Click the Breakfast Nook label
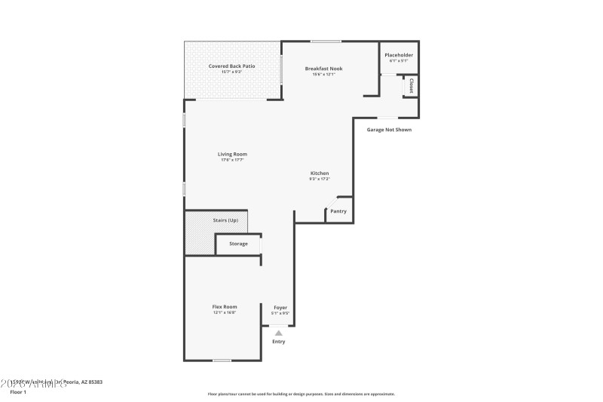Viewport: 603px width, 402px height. tap(323, 69)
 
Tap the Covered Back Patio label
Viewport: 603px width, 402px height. tap(231, 66)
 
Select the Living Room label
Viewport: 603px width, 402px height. tap(233, 154)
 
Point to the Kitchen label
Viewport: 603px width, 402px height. tap(319, 173)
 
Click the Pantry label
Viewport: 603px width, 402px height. tap(338, 211)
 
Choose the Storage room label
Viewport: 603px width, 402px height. tap(238, 244)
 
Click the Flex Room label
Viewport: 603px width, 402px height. tap(225, 306)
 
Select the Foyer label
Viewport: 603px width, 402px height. tap(280, 307)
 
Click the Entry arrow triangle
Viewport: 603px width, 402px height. tap(279, 332)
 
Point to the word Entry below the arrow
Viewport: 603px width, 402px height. tap(279, 342)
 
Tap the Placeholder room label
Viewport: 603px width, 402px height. tap(399, 55)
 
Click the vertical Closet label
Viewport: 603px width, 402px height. tap(412, 87)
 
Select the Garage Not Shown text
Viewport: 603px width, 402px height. tap(389, 130)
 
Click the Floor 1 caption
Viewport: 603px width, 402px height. tap(18, 392)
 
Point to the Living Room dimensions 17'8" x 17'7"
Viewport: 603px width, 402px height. tap(233, 160)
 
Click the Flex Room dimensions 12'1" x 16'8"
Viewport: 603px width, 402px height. tap(225, 312)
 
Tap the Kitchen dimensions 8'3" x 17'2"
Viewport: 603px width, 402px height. tap(319, 179)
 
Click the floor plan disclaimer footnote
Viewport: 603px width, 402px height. tap(301, 394)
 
